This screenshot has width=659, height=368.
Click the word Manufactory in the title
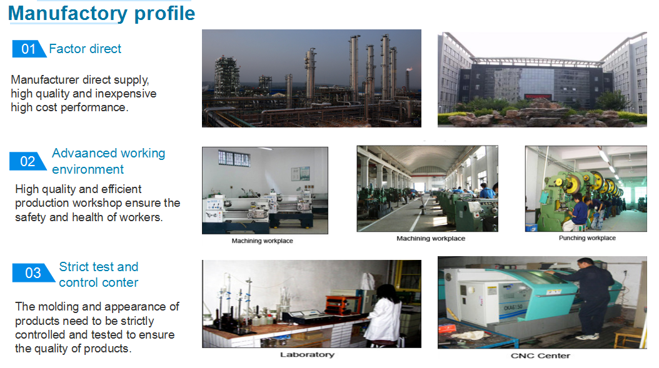click(68, 13)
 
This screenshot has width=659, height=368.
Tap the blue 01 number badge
click(29, 49)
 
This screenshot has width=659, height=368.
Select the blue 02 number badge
click(28, 161)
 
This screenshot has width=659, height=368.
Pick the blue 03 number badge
click(33, 272)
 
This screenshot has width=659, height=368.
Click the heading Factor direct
click(85, 49)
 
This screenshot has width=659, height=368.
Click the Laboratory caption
click(307, 354)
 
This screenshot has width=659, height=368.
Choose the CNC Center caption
click(540, 356)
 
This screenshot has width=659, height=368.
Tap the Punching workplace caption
click(587, 238)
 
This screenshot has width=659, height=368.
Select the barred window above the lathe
click(234, 158)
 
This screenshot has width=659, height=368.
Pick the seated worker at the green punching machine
click(576, 212)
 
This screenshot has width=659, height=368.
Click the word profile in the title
click(165, 14)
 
